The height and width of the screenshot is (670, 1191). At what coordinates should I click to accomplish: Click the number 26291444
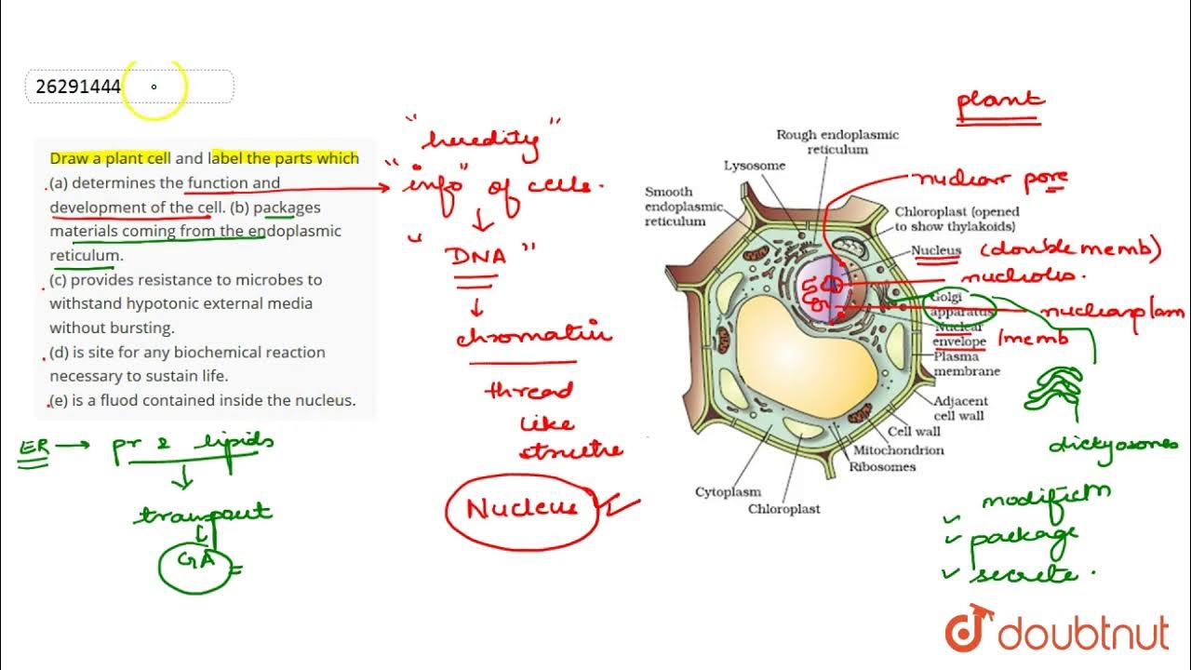coord(78,87)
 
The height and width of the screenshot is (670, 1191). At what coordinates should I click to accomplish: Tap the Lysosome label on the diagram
coord(755,166)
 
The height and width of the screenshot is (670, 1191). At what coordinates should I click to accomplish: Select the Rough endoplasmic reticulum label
coord(837,141)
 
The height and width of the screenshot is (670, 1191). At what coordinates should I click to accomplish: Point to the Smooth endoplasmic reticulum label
coord(676,207)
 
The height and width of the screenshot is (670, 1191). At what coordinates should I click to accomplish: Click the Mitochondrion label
coord(898,450)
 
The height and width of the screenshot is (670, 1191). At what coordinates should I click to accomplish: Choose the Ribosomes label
coord(882,467)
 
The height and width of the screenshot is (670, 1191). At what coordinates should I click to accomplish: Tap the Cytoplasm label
coord(728,491)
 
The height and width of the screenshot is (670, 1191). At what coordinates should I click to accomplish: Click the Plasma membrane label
coord(967,364)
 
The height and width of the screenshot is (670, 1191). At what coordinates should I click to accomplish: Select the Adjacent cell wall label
coord(961,409)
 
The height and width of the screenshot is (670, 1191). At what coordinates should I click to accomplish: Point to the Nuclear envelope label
coord(959,335)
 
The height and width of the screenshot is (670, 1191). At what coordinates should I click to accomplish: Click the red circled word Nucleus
coord(522,509)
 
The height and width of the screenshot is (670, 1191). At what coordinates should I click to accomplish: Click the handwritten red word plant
coord(1000,102)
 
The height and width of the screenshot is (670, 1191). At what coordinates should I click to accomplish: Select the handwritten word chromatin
coord(533,334)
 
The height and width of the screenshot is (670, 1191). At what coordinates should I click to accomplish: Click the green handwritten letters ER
coord(33,449)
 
